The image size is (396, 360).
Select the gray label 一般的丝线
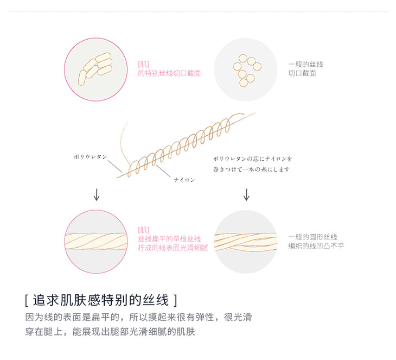305,64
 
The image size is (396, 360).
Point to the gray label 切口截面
302,73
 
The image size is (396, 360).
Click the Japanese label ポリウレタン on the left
90,156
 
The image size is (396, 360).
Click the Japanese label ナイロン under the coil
184,180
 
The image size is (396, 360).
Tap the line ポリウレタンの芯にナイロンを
253,159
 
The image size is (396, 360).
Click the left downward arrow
97,194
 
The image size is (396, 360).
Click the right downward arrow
246,194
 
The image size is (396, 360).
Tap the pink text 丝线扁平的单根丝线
169,239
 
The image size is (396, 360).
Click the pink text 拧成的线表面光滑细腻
173,248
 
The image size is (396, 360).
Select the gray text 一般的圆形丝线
312,237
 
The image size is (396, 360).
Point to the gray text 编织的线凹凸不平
316,246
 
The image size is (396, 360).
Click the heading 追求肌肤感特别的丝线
101,300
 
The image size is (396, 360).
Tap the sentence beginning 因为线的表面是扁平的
138,317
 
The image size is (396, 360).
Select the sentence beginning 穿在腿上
110,331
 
